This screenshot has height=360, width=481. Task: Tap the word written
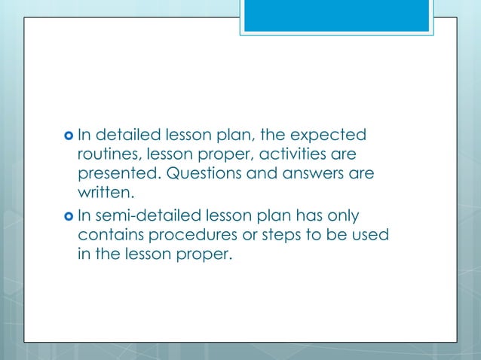[x=105, y=194]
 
